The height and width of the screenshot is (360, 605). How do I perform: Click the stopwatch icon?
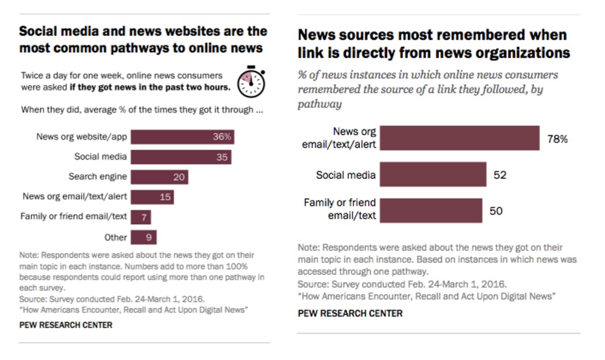251,82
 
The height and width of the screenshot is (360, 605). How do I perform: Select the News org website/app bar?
182,137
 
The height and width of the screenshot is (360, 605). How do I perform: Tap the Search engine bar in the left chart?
159,177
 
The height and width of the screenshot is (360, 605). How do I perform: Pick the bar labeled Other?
143,237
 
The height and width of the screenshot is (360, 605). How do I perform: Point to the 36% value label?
222,137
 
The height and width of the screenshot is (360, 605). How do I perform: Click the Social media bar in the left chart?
181,157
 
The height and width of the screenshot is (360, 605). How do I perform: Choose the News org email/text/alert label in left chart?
74,197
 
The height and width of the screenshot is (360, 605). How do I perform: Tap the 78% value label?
557,139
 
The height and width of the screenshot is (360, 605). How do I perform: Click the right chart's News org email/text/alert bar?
459,138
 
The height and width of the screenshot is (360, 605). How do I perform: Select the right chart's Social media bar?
433,174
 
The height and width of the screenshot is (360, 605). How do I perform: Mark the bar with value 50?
431,211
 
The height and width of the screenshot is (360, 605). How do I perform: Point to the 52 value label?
500,175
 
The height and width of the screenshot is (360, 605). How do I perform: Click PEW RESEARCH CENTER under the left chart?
66,325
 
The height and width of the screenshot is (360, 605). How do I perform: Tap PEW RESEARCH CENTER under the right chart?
350,313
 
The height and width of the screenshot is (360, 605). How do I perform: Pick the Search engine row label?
98,177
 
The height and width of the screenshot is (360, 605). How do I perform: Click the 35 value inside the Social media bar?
222,157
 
